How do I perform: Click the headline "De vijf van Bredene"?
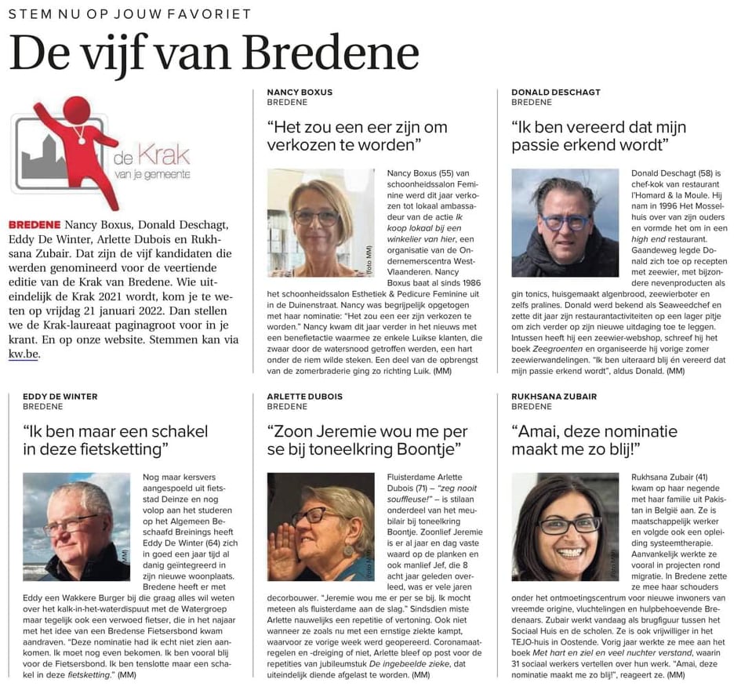pos(213,53)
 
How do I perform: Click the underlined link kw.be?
pos(24,354)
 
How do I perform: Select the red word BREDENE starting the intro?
pos(35,224)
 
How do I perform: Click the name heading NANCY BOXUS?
pos(300,92)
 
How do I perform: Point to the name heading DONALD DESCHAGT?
pos(556,92)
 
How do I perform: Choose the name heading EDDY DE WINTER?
pos(60,397)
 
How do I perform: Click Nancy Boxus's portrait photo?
pos(321,222)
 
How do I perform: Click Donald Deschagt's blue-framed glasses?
pos(565,222)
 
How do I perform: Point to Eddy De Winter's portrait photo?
pos(76,526)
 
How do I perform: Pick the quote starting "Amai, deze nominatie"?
pos(594,440)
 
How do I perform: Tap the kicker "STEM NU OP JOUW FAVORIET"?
pos(130,14)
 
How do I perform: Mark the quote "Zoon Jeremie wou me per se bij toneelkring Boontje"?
pos(367,440)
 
